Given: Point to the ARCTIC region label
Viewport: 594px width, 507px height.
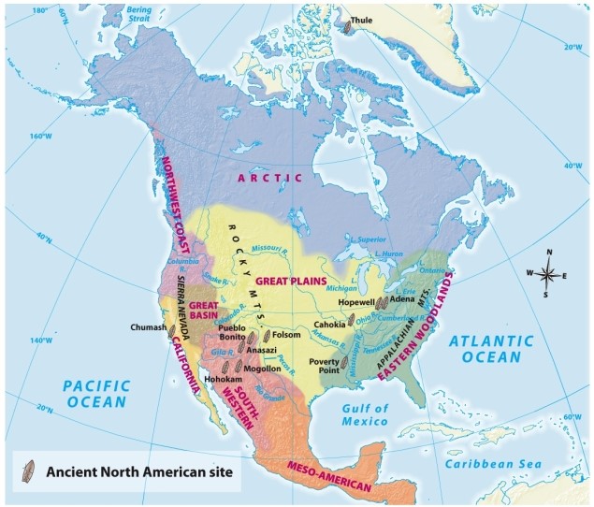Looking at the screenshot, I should pyautogui.click(x=270, y=177).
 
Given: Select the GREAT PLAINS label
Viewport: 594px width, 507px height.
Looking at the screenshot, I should pyautogui.click(x=291, y=281).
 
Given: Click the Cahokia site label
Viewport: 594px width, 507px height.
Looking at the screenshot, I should pyautogui.click(x=329, y=324).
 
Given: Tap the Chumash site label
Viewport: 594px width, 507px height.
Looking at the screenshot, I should pyautogui.click(x=148, y=327).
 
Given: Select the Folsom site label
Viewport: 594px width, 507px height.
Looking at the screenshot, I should pyautogui.click(x=286, y=334).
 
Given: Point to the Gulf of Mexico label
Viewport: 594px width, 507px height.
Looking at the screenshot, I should pyautogui.click(x=365, y=414).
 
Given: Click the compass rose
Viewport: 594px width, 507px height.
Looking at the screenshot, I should pyautogui.click(x=548, y=274).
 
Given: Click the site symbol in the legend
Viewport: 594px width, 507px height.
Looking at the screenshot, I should pyautogui.click(x=31, y=470).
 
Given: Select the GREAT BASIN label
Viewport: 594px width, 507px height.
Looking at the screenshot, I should pyautogui.click(x=204, y=311).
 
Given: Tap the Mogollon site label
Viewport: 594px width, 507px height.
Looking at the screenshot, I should pyautogui.click(x=262, y=369).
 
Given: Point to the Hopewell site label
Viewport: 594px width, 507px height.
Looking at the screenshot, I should pyautogui.click(x=356, y=302).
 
